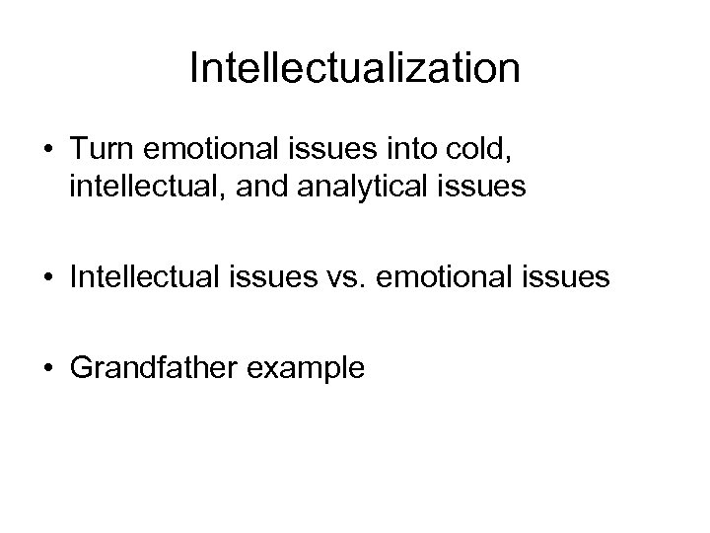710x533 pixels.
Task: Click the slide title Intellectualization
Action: tap(355, 68)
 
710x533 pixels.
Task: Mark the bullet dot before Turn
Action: tap(47, 148)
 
